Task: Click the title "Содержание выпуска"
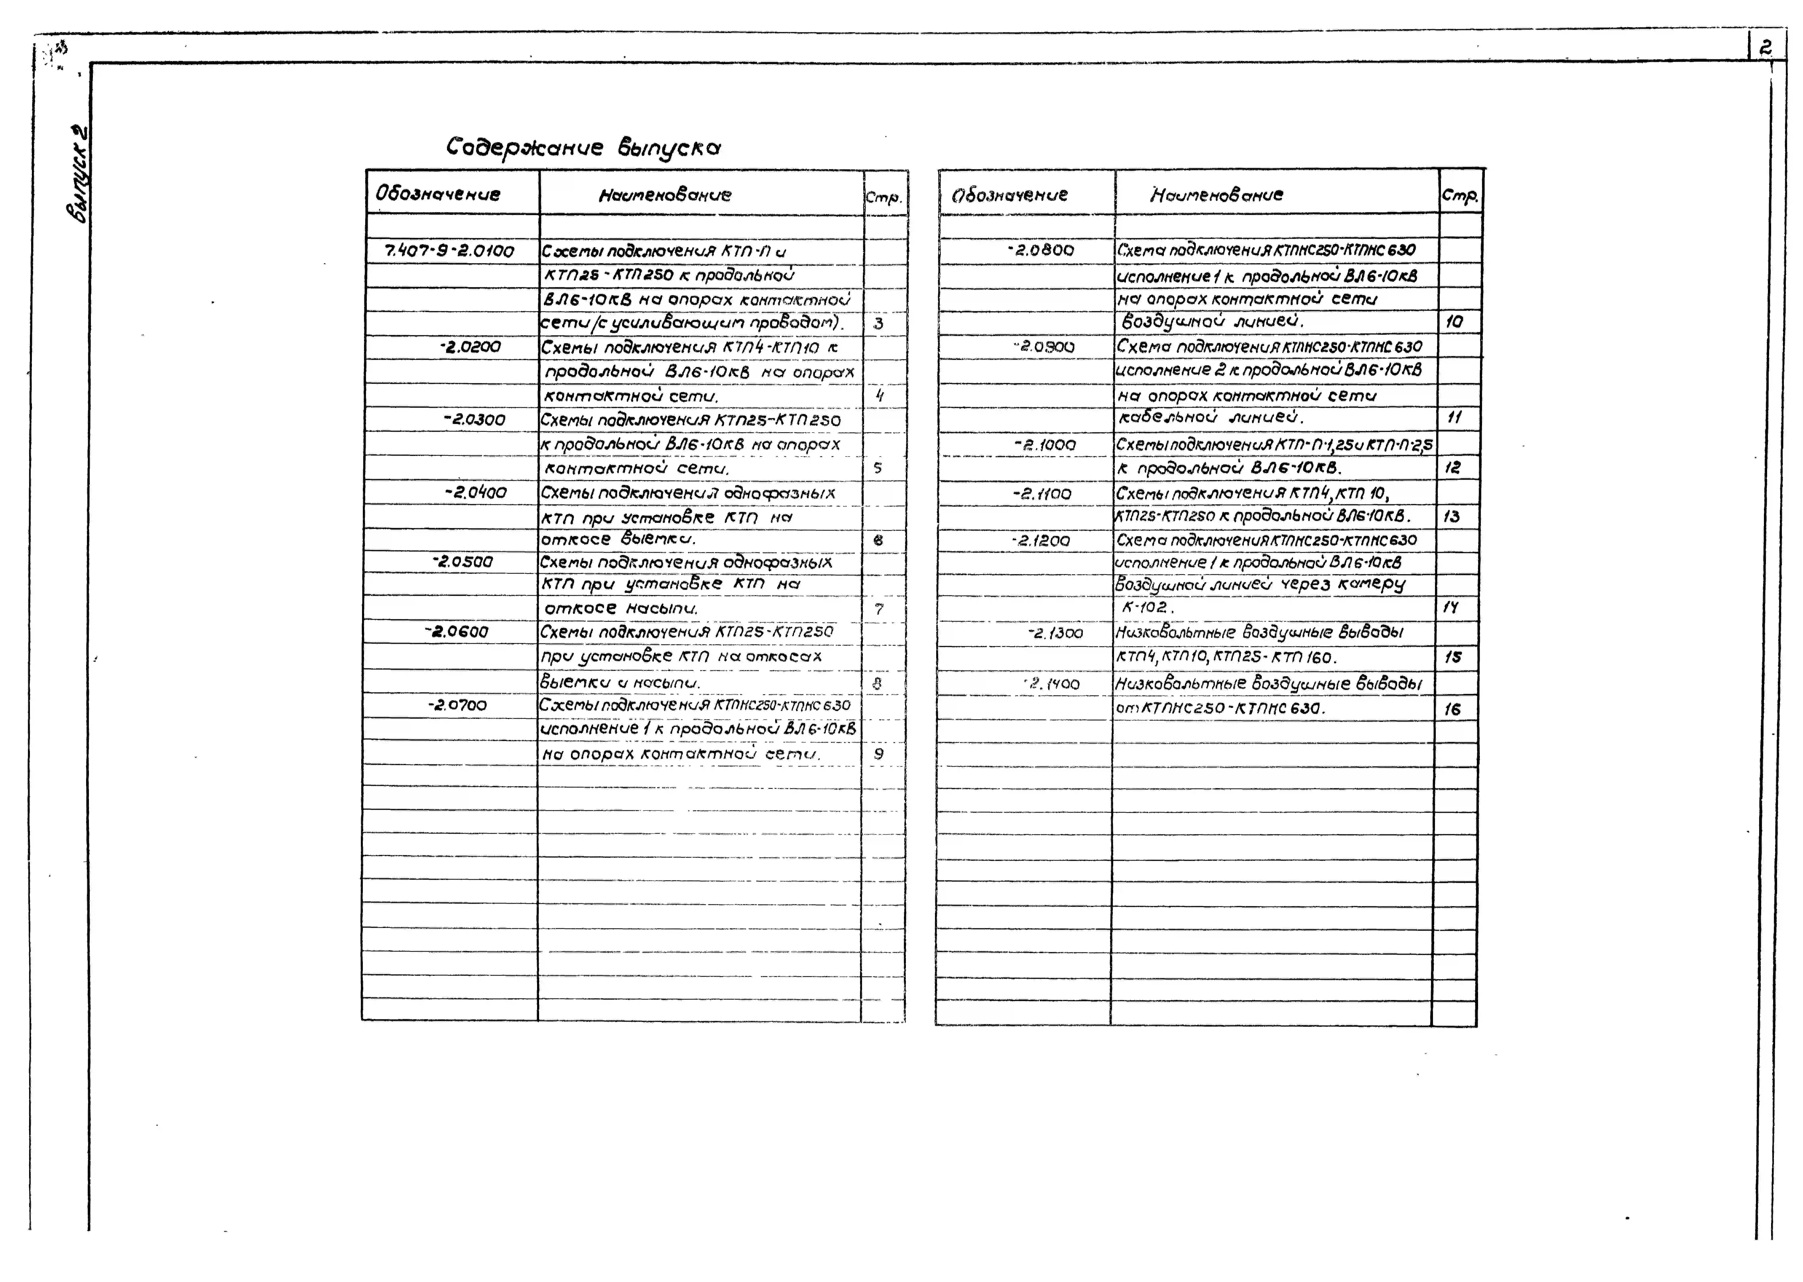coord(583,148)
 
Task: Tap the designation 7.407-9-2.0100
coord(448,251)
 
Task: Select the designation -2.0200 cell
coord(470,347)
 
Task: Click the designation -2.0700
coord(458,705)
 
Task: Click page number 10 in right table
coord(1453,321)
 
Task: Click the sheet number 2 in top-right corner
coord(1765,48)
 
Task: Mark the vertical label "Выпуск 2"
coord(77,174)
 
